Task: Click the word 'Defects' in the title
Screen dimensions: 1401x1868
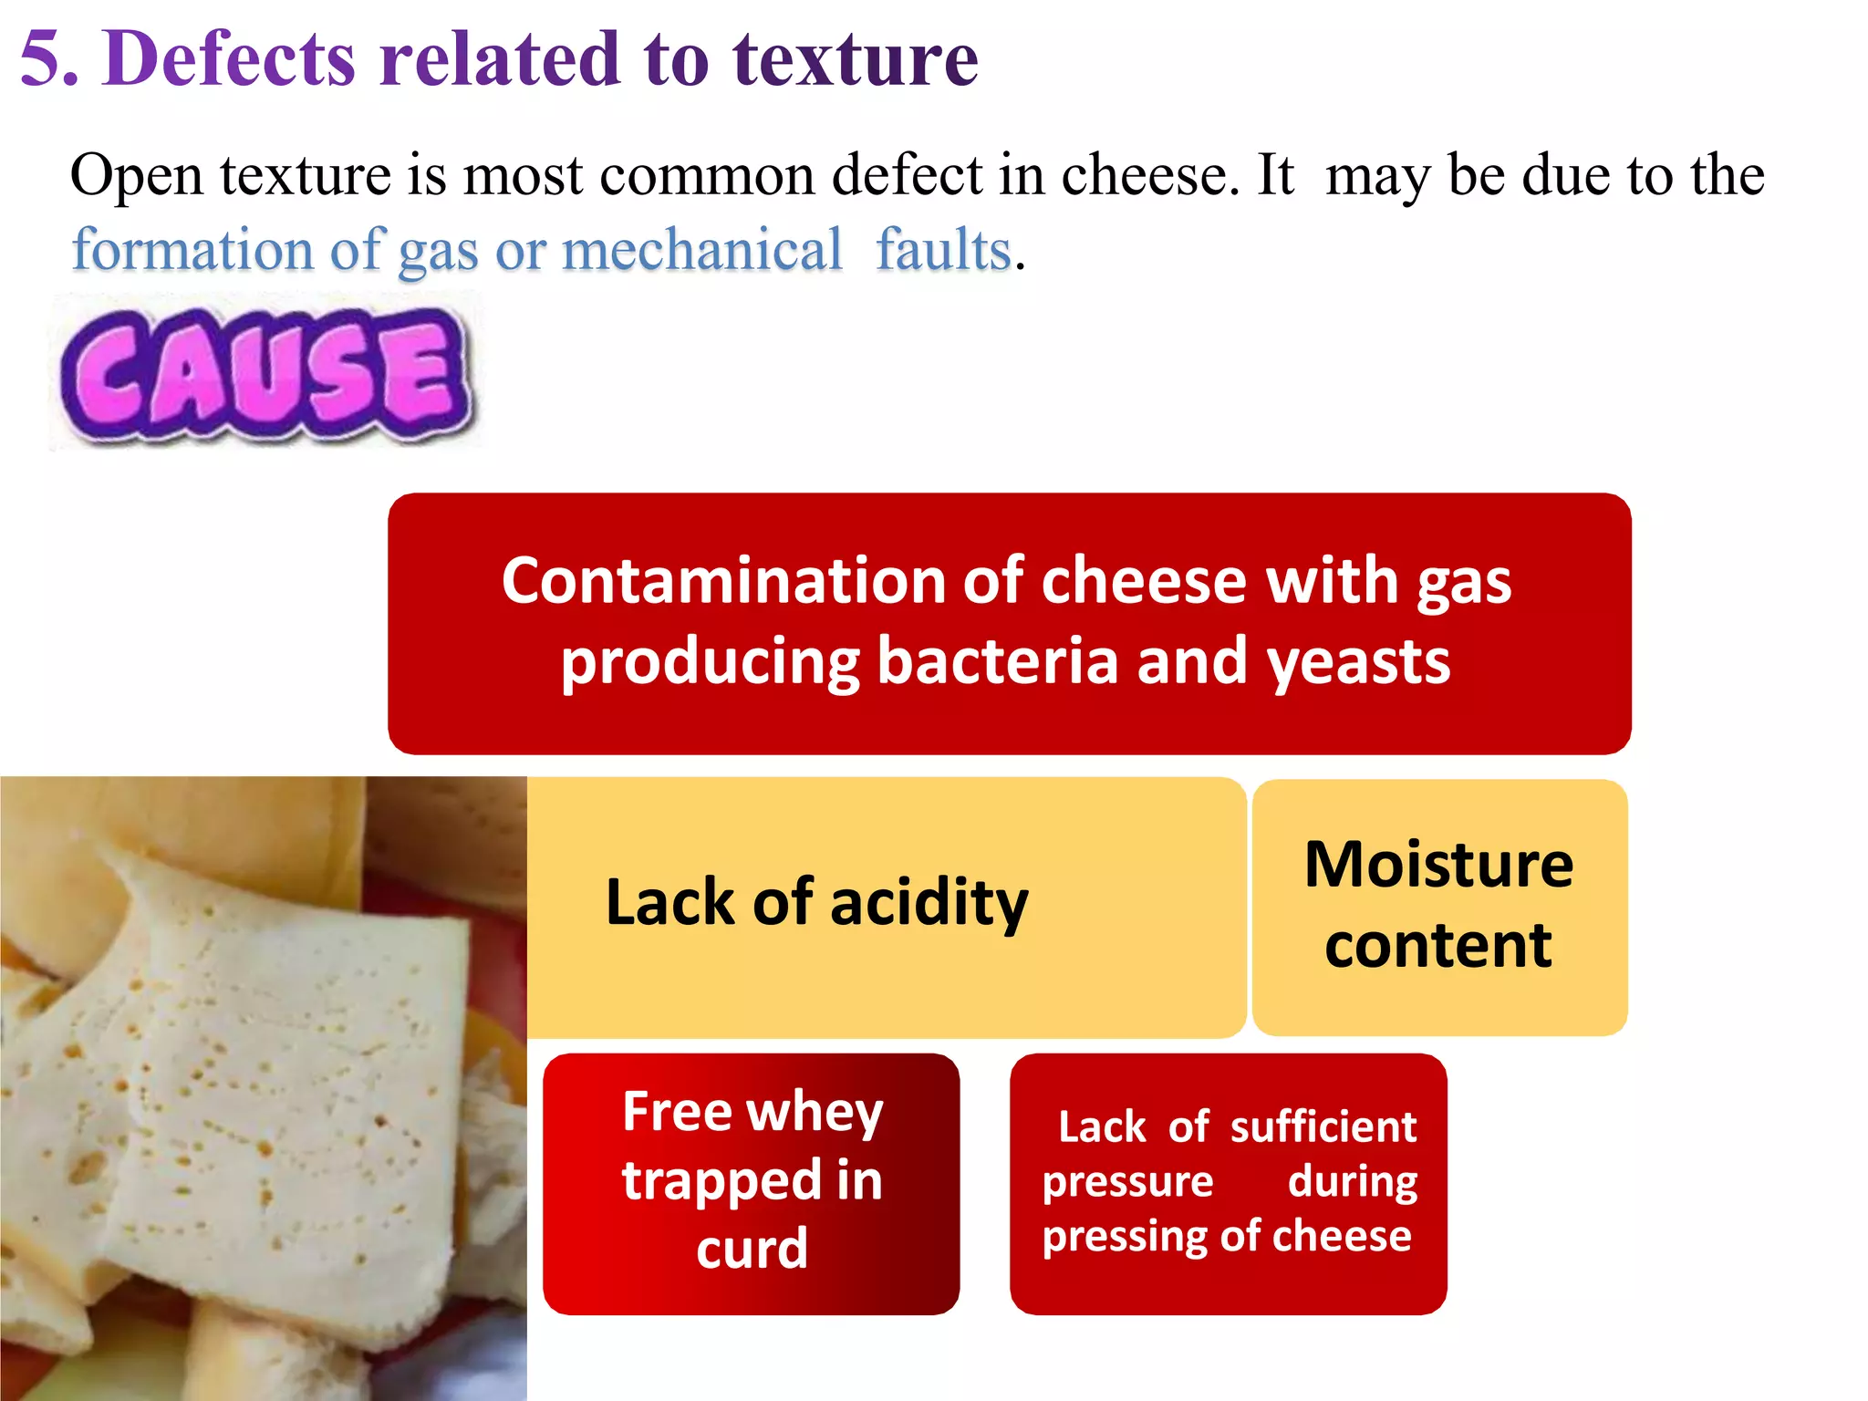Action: pyautogui.click(x=228, y=59)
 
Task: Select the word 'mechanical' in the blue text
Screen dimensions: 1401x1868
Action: pyautogui.click(x=701, y=250)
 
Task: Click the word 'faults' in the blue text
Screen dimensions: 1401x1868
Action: pyautogui.click(x=943, y=250)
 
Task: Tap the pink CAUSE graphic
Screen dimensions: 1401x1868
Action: pyautogui.click(x=265, y=375)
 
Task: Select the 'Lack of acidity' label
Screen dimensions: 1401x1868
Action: pyautogui.click(x=816, y=903)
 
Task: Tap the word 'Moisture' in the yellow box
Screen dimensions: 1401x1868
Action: pyautogui.click(x=1438, y=864)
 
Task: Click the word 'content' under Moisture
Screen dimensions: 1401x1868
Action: pyautogui.click(x=1438, y=945)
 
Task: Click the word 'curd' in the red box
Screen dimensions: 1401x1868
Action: pyautogui.click(x=752, y=1249)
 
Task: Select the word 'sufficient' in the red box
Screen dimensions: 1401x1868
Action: pyautogui.click(x=1323, y=1128)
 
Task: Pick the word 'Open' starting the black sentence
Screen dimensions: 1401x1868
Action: pyautogui.click(x=137, y=176)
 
